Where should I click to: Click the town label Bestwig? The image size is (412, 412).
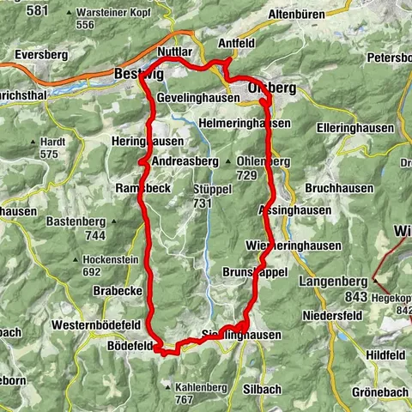[132, 75]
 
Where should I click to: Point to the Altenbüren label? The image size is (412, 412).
[297, 15]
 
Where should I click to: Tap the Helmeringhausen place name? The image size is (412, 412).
[244, 124]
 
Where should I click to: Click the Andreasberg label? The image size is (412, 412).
[184, 161]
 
